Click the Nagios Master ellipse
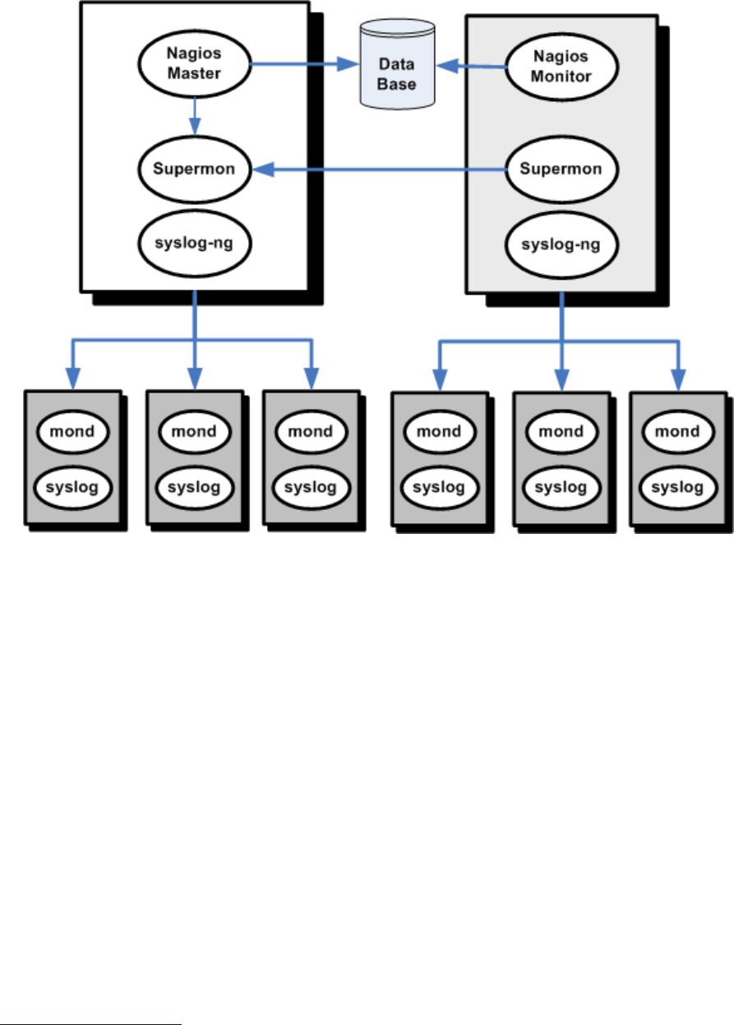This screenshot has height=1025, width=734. pyautogui.click(x=194, y=64)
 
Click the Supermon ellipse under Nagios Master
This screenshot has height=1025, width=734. pyautogui.click(x=194, y=169)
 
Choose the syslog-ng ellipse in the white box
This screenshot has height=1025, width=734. pyautogui.click(x=194, y=244)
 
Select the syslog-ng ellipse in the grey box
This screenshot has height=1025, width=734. pyautogui.click(x=561, y=244)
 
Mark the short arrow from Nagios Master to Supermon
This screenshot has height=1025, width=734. pyautogui.click(x=194, y=114)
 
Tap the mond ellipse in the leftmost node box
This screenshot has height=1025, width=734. pyautogui.click(x=72, y=430)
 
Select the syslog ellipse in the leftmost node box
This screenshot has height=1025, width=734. pyautogui.click(x=72, y=486)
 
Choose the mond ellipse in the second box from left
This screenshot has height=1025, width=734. pyautogui.click(x=194, y=430)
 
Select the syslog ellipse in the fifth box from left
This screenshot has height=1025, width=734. pyautogui.click(x=561, y=487)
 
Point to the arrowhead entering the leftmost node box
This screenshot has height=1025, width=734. pyautogui.click(x=72, y=380)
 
